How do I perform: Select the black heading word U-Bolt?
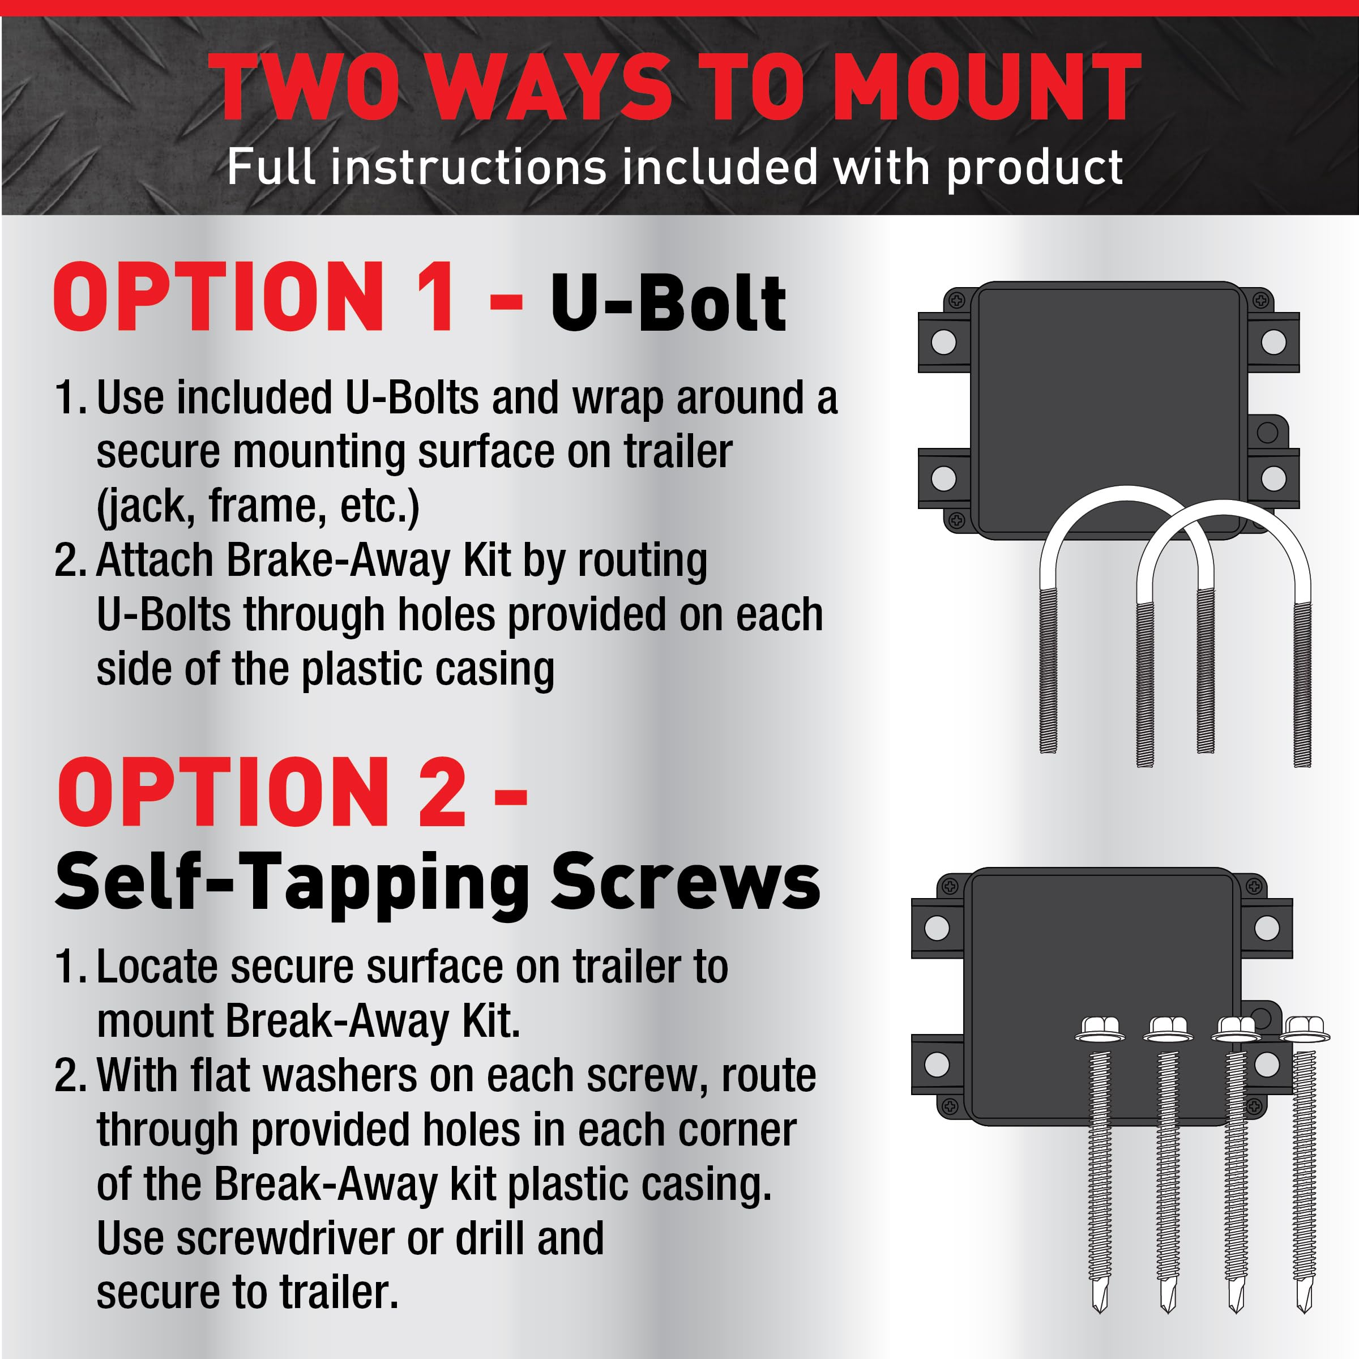(668, 302)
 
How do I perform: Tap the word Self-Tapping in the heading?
(292, 884)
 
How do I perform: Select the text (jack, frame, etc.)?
(258, 506)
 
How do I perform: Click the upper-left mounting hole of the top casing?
(943, 343)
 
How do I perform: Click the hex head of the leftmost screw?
(1100, 1028)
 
